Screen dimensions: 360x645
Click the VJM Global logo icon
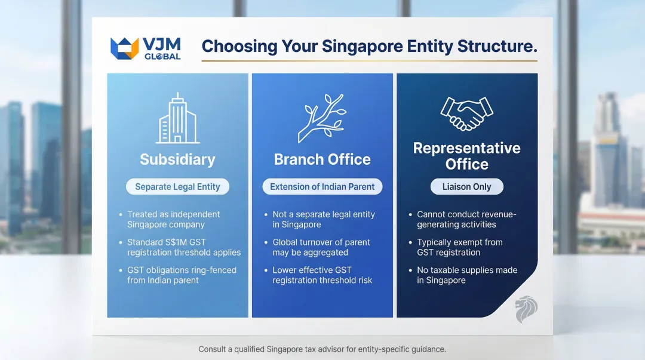125,48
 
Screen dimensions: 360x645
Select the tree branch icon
322,118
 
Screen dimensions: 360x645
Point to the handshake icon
466,113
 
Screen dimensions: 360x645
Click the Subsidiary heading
177,159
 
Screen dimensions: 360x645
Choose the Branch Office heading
322,159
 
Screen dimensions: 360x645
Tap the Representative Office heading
466,156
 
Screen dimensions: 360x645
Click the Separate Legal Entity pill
177,187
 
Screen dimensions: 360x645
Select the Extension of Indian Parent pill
322,187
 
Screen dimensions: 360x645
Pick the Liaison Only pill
466,187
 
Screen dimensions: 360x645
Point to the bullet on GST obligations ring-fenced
182,275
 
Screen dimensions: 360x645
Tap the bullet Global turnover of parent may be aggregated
321,247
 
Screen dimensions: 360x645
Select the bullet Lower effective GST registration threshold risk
322,275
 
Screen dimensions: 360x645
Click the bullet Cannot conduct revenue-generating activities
466,219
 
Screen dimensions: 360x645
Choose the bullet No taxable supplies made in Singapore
466,275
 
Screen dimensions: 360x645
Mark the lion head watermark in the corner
526,309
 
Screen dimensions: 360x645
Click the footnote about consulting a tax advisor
322,349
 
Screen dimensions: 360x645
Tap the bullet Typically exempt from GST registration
459,247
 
